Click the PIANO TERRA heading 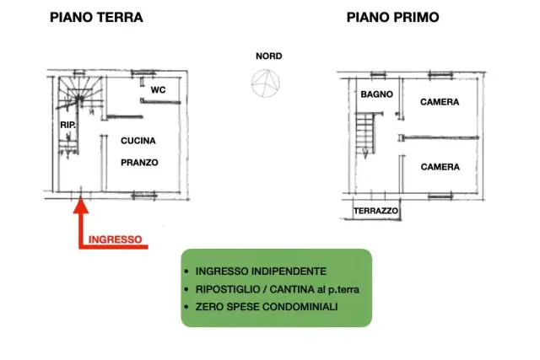coord(96,17)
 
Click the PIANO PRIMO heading coord(393,17)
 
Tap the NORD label coord(269,56)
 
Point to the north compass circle coord(266,83)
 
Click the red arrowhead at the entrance coord(81,206)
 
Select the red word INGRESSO coord(116,239)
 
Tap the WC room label coord(158,90)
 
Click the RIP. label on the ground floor coord(67,125)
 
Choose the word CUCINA coord(138,141)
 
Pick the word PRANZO coord(139,163)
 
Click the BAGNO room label coord(377,94)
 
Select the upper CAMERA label coord(440,102)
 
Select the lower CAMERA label coord(440,167)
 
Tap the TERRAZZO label coord(375,211)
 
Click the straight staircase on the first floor coord(365,134)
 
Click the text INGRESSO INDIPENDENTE coord(261,271)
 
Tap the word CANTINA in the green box coord(292,289)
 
